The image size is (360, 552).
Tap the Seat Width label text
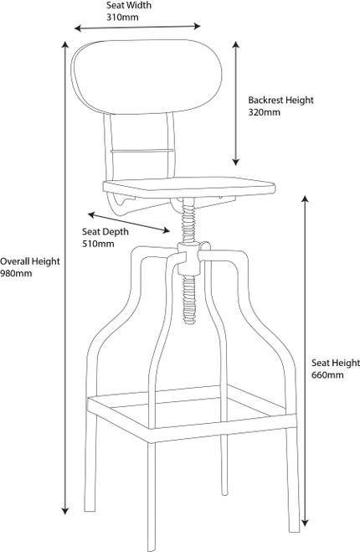[x=129, y=5]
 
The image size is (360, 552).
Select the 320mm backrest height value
[x=265, y=112]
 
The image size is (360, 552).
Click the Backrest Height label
[x=280, y=101]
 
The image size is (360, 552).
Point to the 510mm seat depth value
[x=98, y=244]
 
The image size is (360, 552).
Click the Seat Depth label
[x=105, y=232]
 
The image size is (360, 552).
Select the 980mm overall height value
[x=16, y=274]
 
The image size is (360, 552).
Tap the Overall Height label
[x=30, y=261]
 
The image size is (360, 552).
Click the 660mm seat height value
[x=327, y=375]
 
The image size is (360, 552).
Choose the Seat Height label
[x=336, y=363]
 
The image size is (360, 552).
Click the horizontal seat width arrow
[x=137, y=27]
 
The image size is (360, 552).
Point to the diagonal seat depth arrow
[x=129, y=222]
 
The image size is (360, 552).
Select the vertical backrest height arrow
[x=236, y=103]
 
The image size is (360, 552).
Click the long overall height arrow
[x=64, y=278]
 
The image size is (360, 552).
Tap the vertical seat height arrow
[x=305, y=361]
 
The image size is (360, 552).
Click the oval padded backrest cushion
[x=147, y=76]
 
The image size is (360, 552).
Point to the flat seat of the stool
[x=188, y=187]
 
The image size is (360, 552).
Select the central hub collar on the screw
[x=189, y=259]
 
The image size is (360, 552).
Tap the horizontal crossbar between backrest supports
[x=142, y=151]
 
